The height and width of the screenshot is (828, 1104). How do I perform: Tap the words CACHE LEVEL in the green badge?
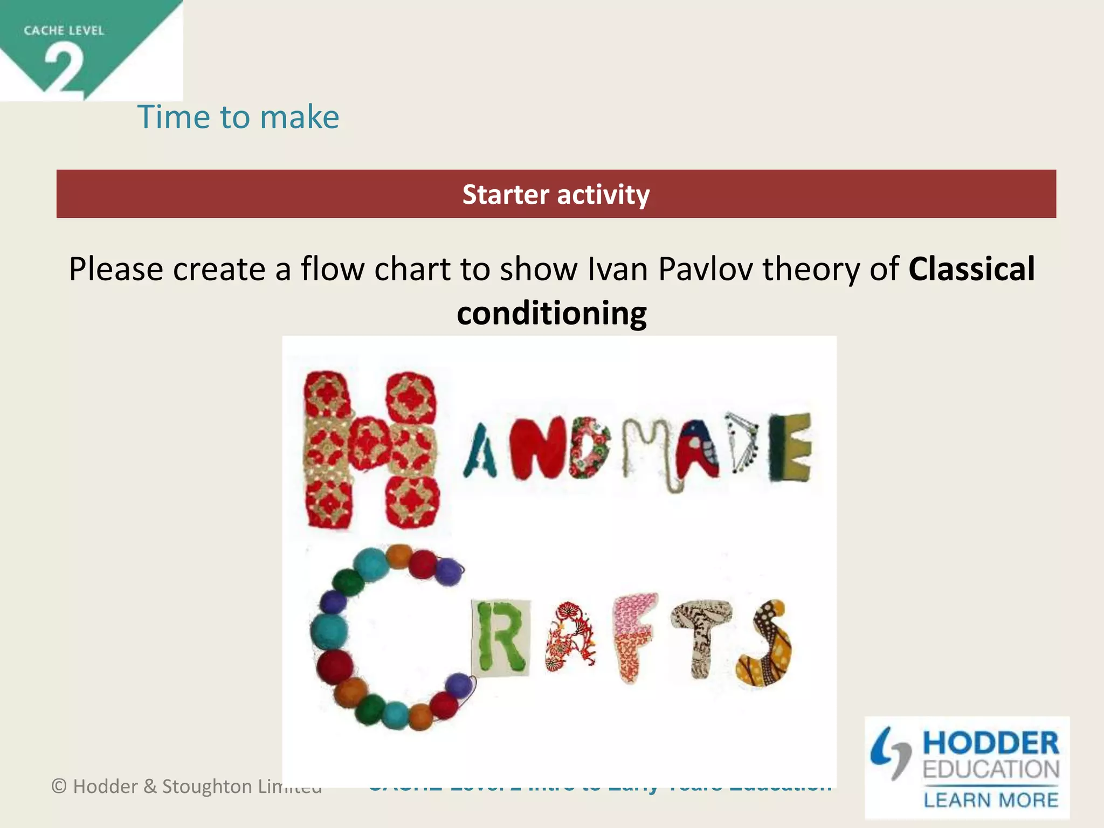pyautogui.click(x=64, y=31)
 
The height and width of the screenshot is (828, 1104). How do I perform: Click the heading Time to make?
pyautogui.click(x=238, y=117)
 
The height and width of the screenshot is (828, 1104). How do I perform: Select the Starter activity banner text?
pyautogui.click(x=556, y=195)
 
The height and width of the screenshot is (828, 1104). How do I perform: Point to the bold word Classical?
pyautogui.click(x=971, y=269)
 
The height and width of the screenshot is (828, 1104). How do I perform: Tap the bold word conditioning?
pyautogui.click(x=551, y=313)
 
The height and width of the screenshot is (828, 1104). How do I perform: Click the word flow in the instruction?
pyautogui.click(x=332, y=269)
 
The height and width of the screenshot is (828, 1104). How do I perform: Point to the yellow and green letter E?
pyautogui.click(x=790, y=447)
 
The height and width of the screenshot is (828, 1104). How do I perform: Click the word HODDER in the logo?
pyautogui.click(x=991, y=743)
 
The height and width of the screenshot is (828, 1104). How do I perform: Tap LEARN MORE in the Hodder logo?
pyautogui.click(x=991, y=799)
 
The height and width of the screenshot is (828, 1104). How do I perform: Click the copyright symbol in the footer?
pyautogui.click(x=59, y=786)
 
